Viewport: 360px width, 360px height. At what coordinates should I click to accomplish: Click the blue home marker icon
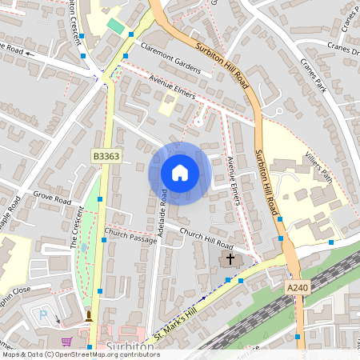[180, 173]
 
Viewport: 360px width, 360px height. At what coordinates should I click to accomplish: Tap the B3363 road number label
[106, 157]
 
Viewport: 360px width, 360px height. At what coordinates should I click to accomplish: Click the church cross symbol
[230, 259]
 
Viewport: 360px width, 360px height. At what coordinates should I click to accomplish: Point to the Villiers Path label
[318, 167]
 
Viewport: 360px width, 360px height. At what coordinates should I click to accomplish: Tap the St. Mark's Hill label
[175, 318]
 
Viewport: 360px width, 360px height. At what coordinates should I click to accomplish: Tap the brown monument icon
[88, 316]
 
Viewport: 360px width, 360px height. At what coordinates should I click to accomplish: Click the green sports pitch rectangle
[116, 26]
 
